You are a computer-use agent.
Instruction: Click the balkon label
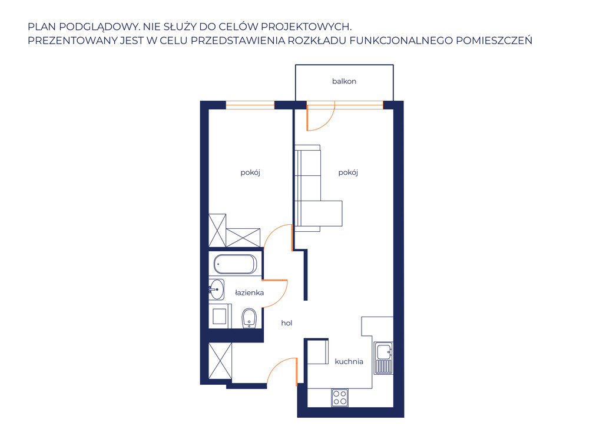tap(344, 81)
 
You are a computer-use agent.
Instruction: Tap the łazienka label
tap(249, 292)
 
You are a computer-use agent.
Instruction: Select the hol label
tap(287, 323)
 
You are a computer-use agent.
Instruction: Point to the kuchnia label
tap(349, 361)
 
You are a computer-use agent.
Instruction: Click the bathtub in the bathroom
tap(235, 264)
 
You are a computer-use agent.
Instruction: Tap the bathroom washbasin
tap(217, 289)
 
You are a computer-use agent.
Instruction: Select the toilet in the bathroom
tap(249, 318)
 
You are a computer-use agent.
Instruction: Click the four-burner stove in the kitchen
tap(340, 398)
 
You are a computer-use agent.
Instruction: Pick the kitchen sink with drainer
tap(383, 358)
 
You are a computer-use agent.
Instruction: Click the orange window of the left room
tap(250, 105)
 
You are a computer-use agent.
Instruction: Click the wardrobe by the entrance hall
tap(220, 361)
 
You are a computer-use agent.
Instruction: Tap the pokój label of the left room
tap(250, 172)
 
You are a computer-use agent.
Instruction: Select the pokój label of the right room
tap(348, 172)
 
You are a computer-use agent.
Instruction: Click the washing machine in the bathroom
tap(220, 316)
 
